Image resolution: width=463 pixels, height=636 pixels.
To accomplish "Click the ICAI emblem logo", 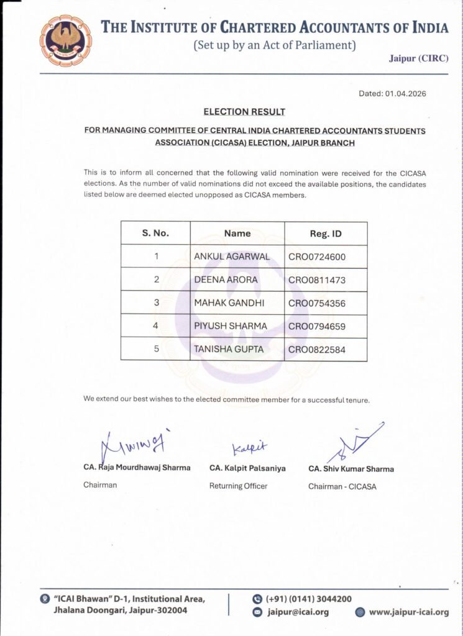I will point(65,40).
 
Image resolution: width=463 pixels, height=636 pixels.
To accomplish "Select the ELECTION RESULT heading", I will point(244,112).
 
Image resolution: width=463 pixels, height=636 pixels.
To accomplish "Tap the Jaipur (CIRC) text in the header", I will point(418,58).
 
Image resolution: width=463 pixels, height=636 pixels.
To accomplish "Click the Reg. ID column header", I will point(326,234).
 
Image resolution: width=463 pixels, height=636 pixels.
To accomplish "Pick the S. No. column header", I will point(155,234).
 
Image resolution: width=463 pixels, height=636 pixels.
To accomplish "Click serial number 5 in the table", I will point(156,350).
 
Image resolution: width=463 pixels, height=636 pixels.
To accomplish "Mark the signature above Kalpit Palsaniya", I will point(249,448).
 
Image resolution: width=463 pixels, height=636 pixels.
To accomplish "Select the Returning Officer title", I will point(238,486).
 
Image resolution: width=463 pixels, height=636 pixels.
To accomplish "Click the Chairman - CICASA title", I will point(342,486).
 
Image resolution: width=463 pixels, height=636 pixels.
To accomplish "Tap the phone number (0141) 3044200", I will point(308,599).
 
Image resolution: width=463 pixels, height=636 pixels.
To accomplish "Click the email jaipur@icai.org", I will point(298,612).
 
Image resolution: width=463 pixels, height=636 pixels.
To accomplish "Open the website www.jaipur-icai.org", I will point(408,612).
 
